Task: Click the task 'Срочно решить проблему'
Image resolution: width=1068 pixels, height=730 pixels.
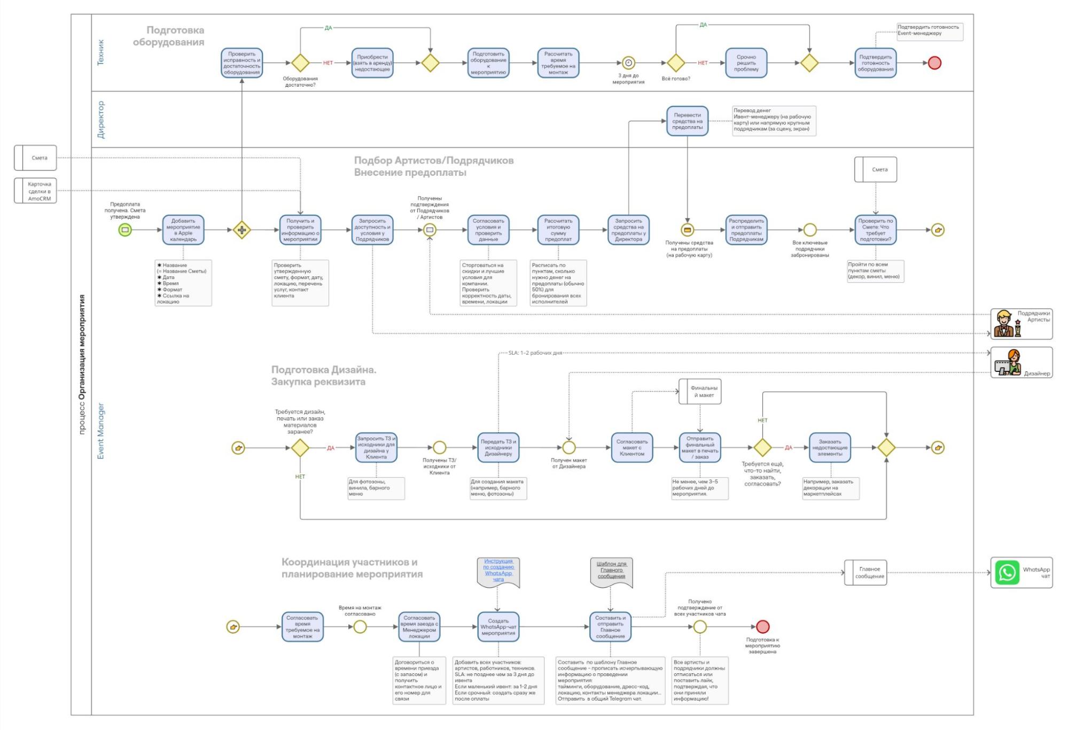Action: pyautogui.click(x=746, y=63)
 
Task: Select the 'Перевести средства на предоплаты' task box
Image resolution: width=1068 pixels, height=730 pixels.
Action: pyautogui.click(x=687, y=121)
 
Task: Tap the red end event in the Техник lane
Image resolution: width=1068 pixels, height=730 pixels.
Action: pyautogui.click(x=934, y=63)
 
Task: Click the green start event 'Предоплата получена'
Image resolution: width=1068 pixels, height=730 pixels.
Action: pyautogui.click(x=125, y=230)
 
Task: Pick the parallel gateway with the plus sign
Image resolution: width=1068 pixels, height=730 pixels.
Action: pyautogui.click(x=241, y=230)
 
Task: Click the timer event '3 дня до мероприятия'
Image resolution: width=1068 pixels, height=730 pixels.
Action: pyautogui.click(x=628, y=63)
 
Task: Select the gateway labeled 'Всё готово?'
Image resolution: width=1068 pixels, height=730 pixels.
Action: pyautogui.click(x=676, y=63)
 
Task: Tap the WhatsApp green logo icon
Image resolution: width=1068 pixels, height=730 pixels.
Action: pyautogui.click(x=1007, y=572)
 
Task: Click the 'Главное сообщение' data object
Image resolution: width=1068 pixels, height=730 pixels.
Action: pyautogui.click(x=866, y=572)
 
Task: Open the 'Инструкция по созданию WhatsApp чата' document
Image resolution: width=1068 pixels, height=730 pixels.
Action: pyautogui.click(x=498, y=571)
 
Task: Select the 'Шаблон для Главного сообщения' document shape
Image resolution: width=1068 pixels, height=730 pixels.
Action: pyautogui.click(x=611, y=571)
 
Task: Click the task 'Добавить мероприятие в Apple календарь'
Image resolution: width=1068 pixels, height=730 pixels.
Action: pyautogui.click(x=183, y=230)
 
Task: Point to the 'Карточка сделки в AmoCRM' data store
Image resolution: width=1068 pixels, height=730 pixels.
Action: pyautogui.click(x=35, y=191)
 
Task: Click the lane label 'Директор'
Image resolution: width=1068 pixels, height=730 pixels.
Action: pyautogui.click(x=101, y=120)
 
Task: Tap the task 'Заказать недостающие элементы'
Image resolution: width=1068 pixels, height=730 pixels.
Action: pyautogui.click(x=830, y=447)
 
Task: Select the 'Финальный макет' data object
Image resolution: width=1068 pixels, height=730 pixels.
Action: pyautogui.click(x=700, y=392)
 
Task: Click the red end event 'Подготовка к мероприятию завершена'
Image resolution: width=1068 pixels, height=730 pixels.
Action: pyautogui.click(x=763, y=626)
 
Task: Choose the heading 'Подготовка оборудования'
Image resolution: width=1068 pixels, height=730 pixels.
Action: pyautogui.click(x=169, y=36)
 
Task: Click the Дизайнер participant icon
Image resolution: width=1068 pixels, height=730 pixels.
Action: pyautogui.click(x=1008, y=362)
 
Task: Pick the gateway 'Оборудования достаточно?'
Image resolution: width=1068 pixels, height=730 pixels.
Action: pyautogui.click(x=300, y=63)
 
